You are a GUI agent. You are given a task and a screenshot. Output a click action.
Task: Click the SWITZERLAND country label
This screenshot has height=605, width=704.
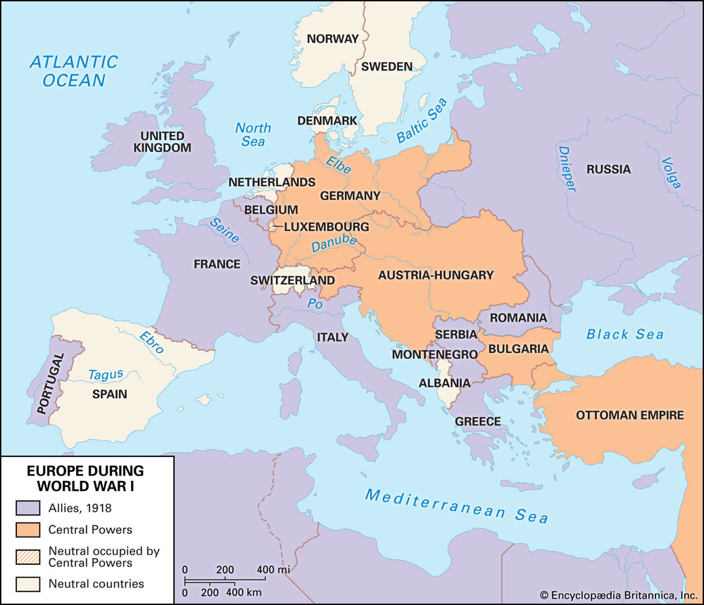click(x=292, y=280)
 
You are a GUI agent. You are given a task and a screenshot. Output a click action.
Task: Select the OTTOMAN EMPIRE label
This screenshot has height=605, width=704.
click(x=629, y=415)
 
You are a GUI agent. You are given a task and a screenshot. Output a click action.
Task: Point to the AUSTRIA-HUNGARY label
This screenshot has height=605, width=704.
click(x=436, y=275)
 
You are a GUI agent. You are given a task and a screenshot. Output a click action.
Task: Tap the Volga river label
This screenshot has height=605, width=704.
click(x=670, y=173)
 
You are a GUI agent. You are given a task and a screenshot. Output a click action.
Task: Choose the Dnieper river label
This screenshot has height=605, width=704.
click(x=567, y=168)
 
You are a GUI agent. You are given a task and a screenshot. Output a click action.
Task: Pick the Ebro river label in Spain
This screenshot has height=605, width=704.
click(x=151, y=342)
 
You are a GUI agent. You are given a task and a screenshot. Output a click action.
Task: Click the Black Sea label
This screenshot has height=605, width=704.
click(x=624, y=334)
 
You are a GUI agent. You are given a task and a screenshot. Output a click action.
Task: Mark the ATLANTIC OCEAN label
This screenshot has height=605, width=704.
click(x=73, y=70)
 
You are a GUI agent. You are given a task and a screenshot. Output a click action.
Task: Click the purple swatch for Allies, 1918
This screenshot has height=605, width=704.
click(x=27, y=507)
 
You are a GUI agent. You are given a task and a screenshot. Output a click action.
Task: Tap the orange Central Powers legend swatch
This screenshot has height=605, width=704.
click(x=27, y=530)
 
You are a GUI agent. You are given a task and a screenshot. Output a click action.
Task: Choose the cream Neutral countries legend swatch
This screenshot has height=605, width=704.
click(x=27, y=583)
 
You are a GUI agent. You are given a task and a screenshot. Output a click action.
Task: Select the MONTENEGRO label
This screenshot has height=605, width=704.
click(x=425, y=354)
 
